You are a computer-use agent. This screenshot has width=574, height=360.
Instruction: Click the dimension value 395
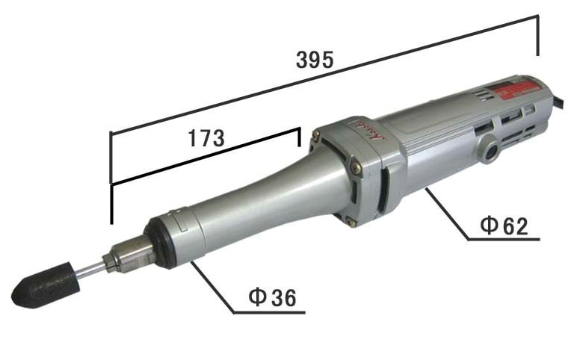click(x=314, y=60)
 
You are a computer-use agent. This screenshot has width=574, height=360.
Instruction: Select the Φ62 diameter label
click(x=503, y=226)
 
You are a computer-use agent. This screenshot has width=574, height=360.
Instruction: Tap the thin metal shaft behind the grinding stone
click(x=89, y=270)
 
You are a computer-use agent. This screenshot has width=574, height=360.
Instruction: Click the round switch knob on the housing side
click(x=490, y=146)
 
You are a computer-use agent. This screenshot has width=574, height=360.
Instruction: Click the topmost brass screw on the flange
click(x=317, y=135)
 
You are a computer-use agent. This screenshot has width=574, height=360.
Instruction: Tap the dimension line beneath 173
click(x=206, y=156)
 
